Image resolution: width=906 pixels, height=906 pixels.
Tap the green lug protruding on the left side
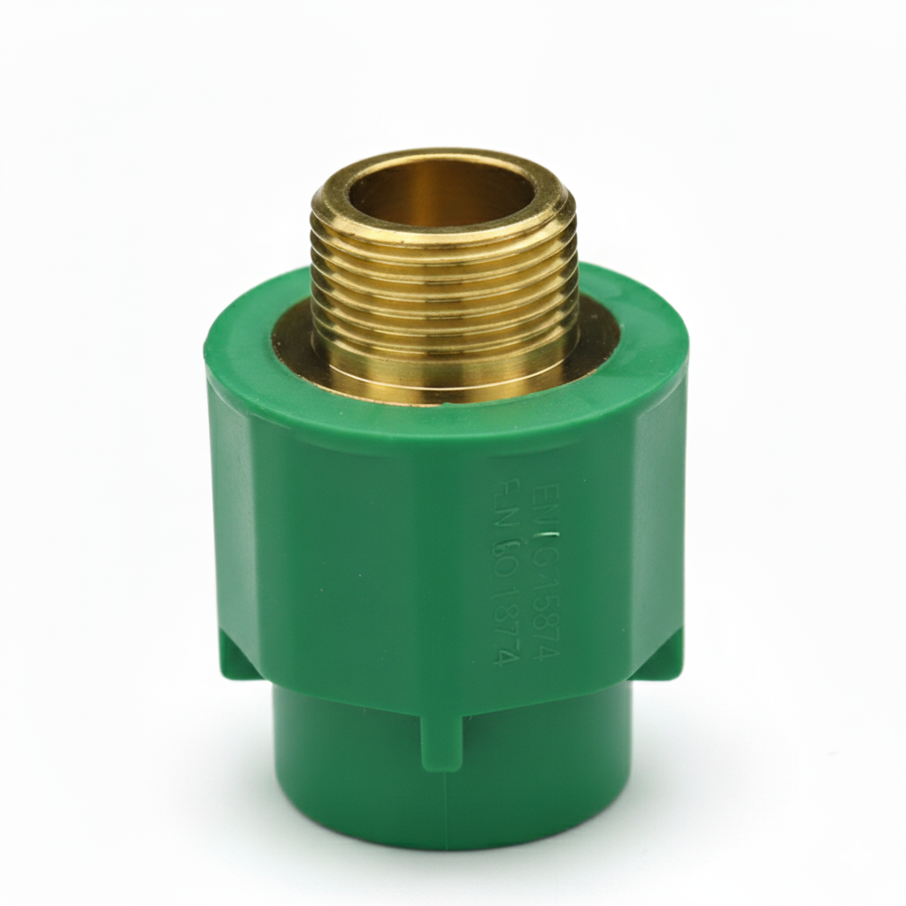click(234, 659)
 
